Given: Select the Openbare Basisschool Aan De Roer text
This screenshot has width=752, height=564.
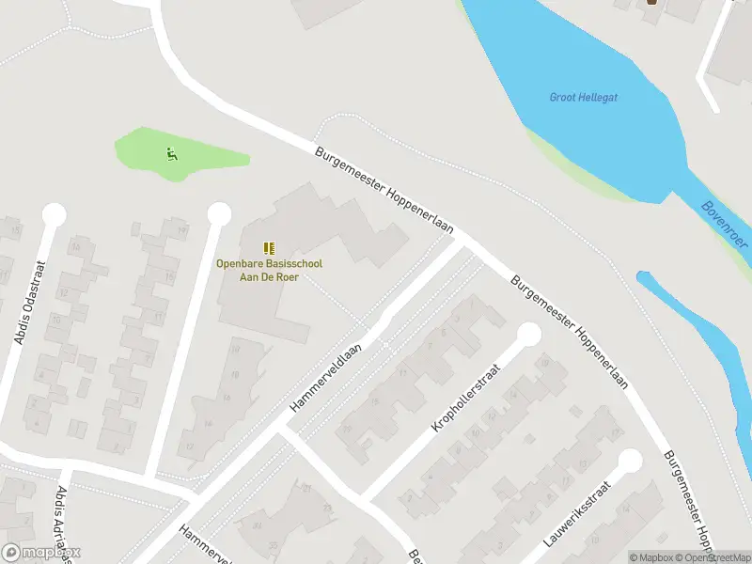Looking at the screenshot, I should (269, 271).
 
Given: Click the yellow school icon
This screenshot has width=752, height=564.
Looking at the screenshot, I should (269, 248).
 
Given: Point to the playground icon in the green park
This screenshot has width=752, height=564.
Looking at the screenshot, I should (171, 154).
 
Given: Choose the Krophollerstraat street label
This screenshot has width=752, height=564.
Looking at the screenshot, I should (467, 397).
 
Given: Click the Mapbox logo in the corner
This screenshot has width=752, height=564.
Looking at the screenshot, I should (40, 553).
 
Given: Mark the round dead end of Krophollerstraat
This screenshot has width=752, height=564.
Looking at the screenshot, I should (529, 334).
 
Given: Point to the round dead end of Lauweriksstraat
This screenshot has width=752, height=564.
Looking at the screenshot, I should (629, 461).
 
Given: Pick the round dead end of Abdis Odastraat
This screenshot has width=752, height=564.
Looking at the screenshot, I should (55, 214).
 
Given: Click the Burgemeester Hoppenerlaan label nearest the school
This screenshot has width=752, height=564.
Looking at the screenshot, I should (384, 191).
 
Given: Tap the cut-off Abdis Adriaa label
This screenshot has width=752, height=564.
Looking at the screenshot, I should (64, 522).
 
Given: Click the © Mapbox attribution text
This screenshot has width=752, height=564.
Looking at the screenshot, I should (652, 557).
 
